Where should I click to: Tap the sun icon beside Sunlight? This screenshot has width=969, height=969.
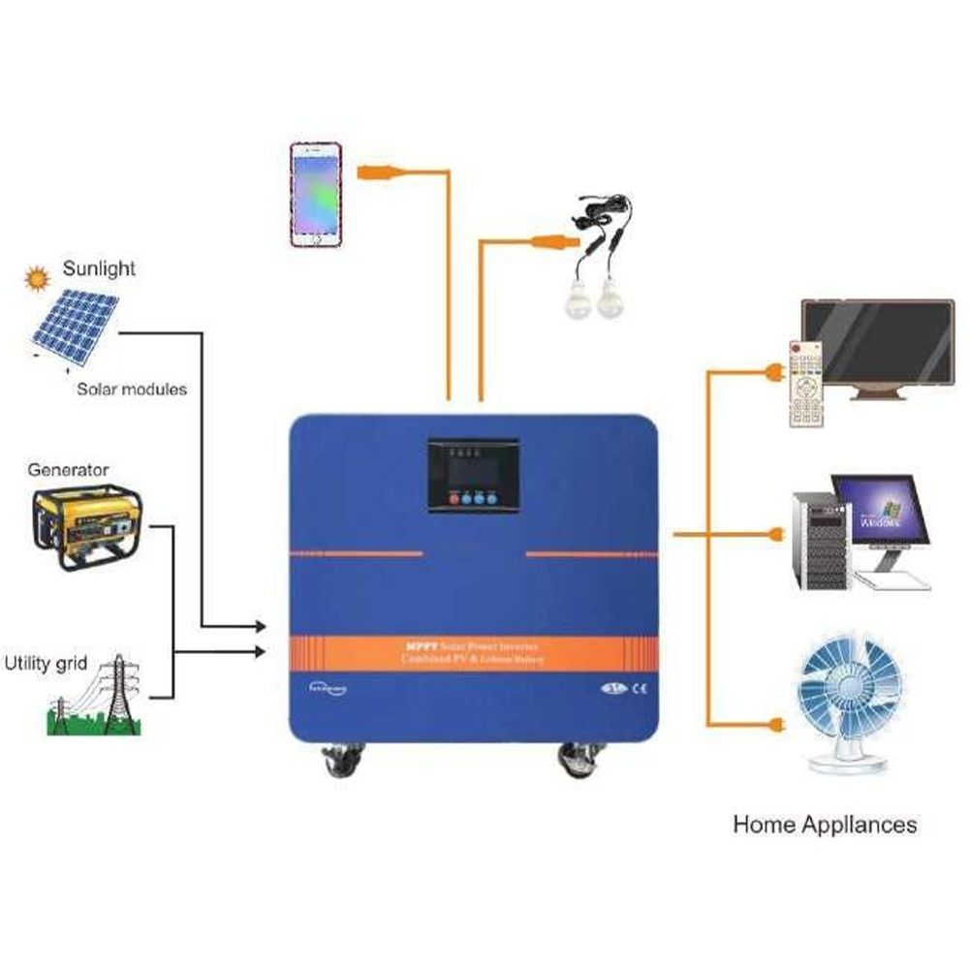click(38, 279)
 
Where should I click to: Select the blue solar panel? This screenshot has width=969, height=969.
click(76, 323)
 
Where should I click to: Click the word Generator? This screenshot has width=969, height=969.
click(68, 470)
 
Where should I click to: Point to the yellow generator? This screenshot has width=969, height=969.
click(87, 527)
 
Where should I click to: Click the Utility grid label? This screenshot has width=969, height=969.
click(46, 664)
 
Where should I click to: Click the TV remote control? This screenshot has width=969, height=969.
click(805, 384)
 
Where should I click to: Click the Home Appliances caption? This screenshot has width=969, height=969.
click(825, 826)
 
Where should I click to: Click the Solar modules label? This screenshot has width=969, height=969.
click(132, 389)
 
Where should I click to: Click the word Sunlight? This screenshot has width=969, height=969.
click(100, 268)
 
